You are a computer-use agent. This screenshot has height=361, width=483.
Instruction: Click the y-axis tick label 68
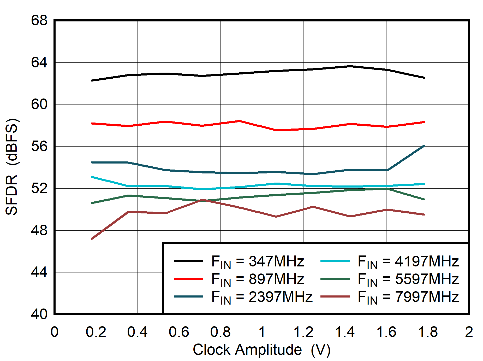(39, 20)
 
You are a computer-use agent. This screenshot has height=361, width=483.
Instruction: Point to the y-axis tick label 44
(39, 272)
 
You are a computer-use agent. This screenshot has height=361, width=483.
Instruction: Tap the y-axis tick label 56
(39, 146)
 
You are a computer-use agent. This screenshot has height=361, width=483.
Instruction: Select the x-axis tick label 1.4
(345, 332)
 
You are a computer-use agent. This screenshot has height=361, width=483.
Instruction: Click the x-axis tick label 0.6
(179, 332)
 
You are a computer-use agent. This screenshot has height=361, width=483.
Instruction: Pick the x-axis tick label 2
(469, 332)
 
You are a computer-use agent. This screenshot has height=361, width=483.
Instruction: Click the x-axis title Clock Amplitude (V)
(261, 350)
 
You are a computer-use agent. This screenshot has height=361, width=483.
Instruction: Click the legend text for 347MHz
(258, 261)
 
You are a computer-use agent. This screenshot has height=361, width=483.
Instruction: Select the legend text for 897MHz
(258, 279)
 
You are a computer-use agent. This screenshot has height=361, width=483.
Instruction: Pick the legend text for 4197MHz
(408, 261)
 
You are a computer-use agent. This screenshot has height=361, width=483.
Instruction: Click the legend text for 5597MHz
(408, 279)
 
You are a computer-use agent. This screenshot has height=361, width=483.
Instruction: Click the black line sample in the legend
(188, 261)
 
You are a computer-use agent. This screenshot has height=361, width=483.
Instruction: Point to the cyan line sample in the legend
(335, 261)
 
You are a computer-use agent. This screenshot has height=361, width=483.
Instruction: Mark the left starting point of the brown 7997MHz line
(92, 238)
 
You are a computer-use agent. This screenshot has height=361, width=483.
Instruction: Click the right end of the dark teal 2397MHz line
(424, 146)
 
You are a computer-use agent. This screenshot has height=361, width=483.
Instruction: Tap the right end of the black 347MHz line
(424, 78)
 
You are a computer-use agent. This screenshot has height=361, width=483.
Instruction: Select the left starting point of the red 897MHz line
(92, 123)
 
